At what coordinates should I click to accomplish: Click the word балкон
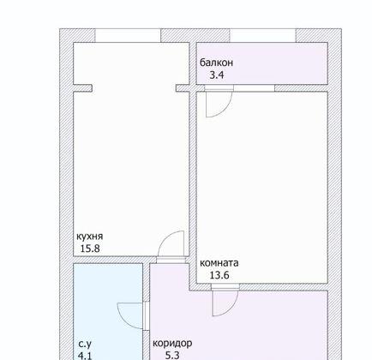(217, 63)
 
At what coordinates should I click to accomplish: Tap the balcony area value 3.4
(210, 75)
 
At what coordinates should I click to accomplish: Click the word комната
(219, 263)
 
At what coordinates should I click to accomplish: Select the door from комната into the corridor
(224, 301)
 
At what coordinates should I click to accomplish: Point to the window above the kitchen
(126, 35)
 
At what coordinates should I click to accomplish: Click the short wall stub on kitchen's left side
(82, 87)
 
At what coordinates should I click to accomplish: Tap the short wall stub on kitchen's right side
(182, 87)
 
